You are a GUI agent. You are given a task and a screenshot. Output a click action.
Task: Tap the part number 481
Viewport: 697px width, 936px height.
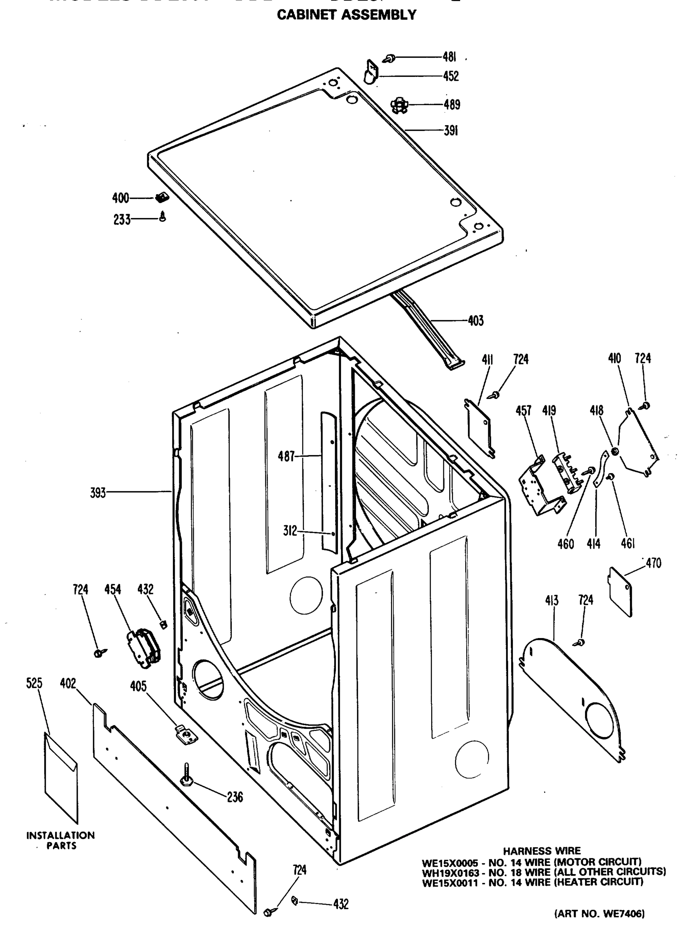449,57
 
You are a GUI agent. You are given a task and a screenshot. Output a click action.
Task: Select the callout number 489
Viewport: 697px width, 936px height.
452,105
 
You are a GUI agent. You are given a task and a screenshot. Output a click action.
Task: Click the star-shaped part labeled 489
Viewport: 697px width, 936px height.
399,105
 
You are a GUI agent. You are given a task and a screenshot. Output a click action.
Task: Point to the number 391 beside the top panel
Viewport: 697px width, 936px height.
451,131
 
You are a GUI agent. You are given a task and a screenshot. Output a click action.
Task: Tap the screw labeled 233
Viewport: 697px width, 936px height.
163,217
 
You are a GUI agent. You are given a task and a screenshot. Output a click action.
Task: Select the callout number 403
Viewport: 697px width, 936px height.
475,321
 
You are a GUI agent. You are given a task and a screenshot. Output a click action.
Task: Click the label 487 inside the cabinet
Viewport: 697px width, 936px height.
286,456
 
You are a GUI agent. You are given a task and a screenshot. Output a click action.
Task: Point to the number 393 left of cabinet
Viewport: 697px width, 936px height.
98,493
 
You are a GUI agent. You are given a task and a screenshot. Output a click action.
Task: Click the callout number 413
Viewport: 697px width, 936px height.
551,600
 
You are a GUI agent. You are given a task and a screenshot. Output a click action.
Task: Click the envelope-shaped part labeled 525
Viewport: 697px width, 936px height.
61,777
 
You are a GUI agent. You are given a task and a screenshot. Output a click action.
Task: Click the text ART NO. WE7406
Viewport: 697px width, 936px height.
599,914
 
